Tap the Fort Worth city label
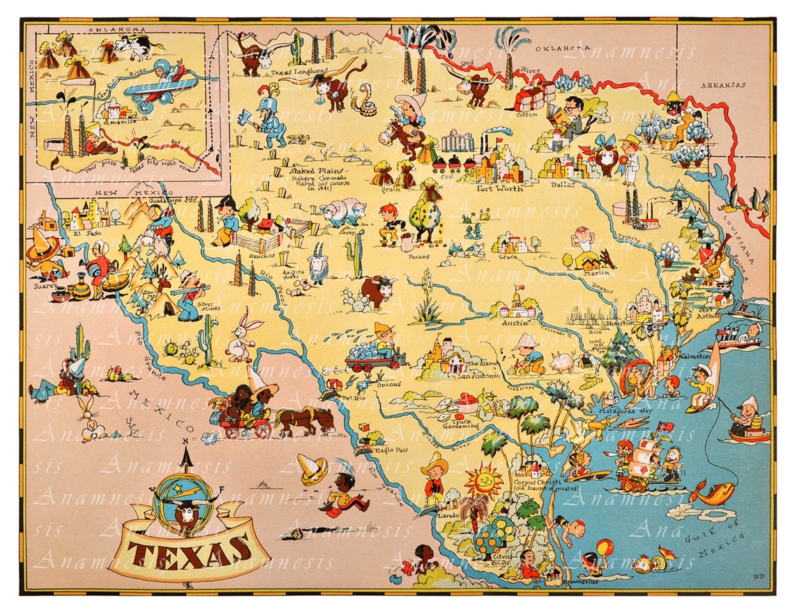tap(500, 188)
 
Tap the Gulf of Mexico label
tap(718, 537)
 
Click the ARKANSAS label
tap(725, 85)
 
